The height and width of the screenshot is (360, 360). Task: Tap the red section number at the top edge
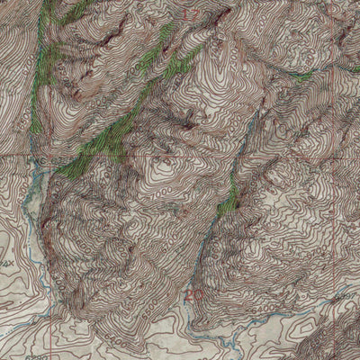coord(191,15)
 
